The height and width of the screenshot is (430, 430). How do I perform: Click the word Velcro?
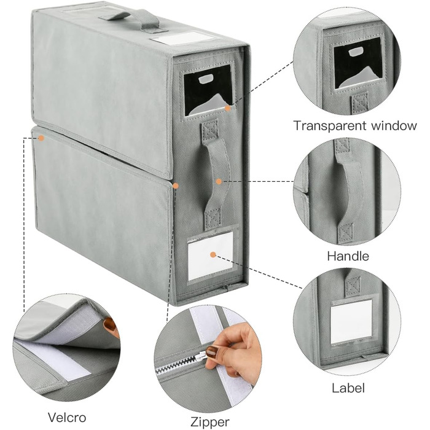click(67, 417)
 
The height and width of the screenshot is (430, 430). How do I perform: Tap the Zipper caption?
click(210, 421)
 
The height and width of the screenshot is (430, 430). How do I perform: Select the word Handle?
click(348, 256)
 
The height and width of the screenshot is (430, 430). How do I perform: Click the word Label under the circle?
click(348, 388)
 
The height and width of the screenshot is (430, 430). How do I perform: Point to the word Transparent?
click(330, 126)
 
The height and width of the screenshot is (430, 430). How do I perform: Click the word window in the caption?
click(394, 125)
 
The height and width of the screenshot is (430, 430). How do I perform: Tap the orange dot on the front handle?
click(219, 181)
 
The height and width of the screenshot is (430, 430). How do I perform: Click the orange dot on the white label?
click(213, 255)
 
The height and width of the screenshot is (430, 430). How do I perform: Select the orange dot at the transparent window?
click(228, 108)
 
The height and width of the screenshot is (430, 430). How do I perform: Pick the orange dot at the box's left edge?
click(41, 138)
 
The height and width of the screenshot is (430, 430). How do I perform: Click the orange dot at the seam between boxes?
click(176, 186)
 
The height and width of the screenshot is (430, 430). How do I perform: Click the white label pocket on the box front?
click(211, 255)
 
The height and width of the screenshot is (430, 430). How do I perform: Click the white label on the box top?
click(182, 38)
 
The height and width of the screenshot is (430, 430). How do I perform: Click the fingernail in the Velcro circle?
click(110, 325)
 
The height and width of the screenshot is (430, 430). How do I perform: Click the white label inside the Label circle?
click(352, 321)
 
